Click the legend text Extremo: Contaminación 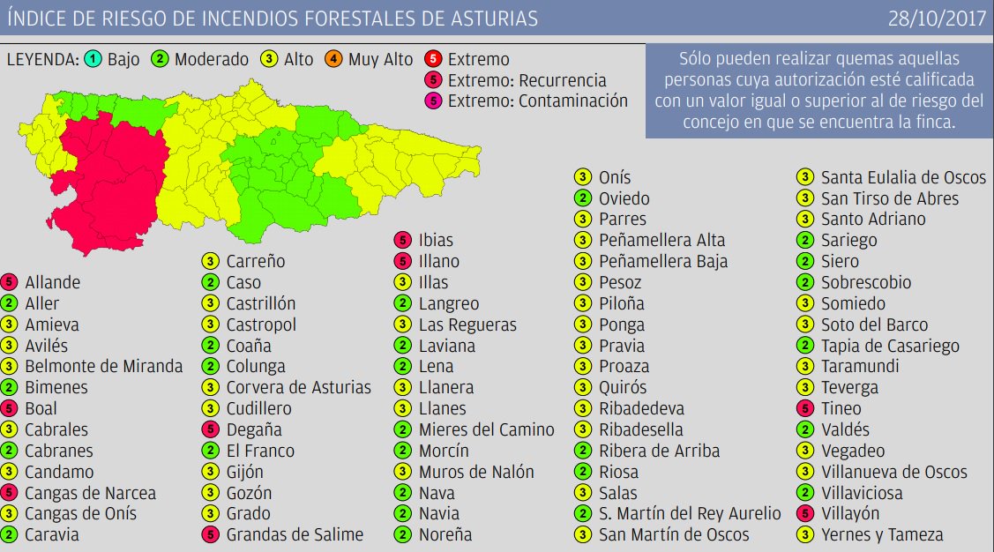(x=537, y=101)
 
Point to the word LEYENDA (x=41, y=60)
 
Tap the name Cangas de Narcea (x=90, y=493)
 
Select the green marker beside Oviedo (x=583, y=198)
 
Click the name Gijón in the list (x=245, y=472)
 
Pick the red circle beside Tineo (x=805, y=408)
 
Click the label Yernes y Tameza (x=882, y=534)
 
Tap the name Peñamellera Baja (x=663, y=262)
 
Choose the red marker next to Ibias (x=403, y=240)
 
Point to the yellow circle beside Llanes (x=403, y=408)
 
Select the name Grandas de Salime (x=295, y=534)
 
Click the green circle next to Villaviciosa (x=805, y=493)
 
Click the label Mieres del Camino (x=487, y=429)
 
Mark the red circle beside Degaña (x=210, y=429)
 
